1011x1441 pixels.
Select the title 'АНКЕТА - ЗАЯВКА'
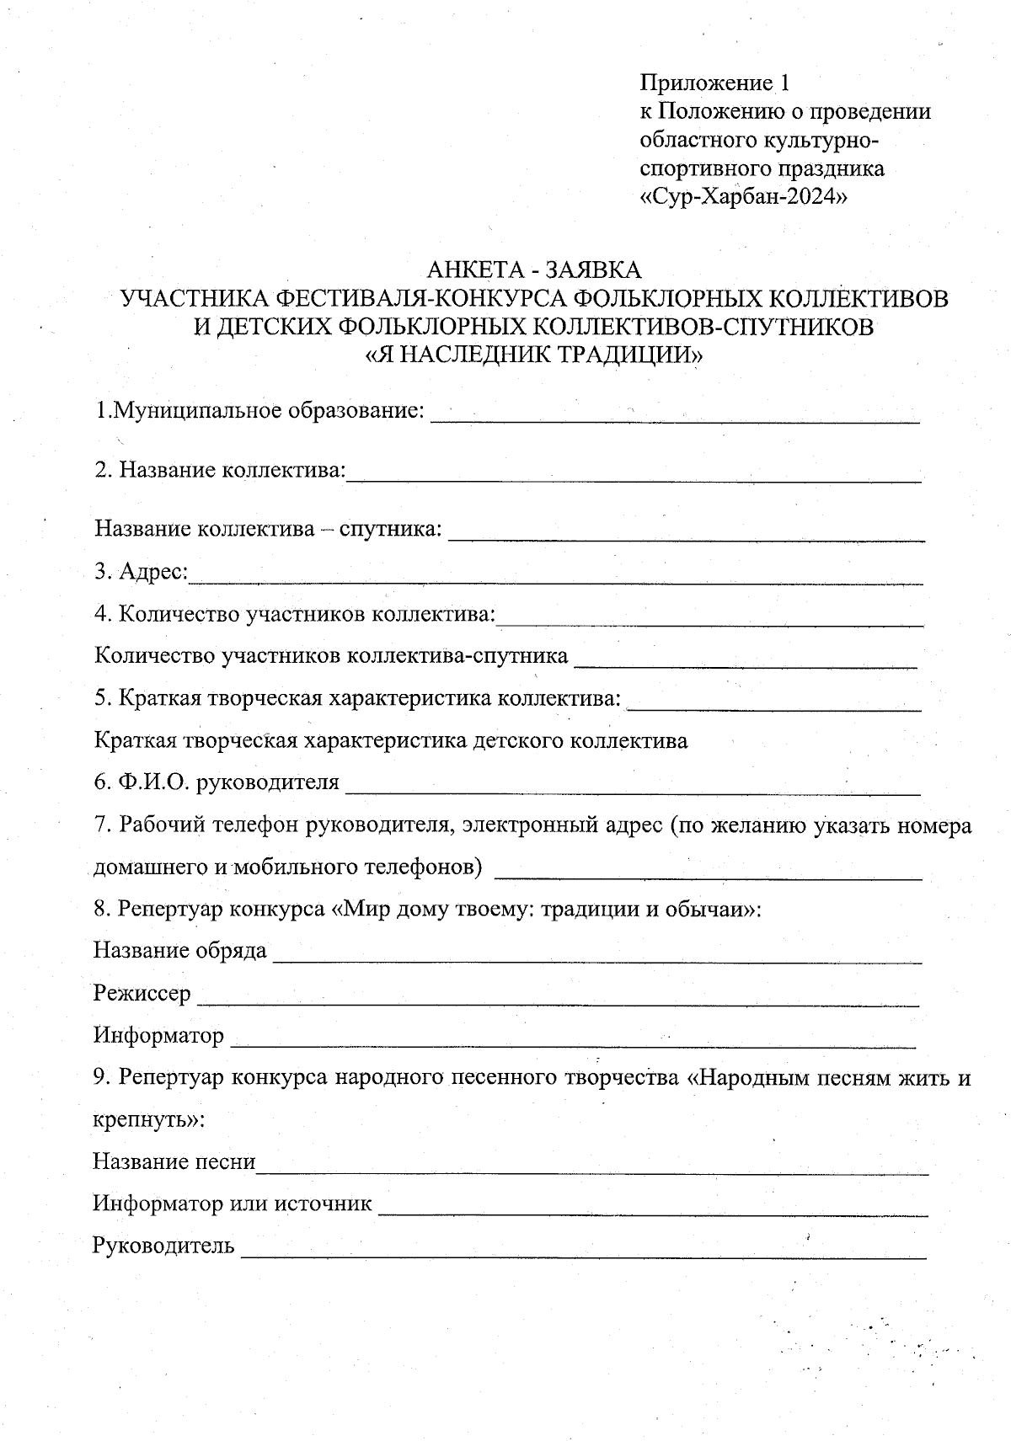click(534, 270)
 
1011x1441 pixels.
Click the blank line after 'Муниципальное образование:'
click(674, 419)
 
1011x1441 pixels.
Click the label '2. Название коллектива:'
click(220, 469)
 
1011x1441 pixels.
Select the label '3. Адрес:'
click(142, 572)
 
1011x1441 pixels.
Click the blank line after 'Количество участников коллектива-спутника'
click(745, 664)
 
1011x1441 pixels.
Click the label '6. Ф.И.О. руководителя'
click(217, 783)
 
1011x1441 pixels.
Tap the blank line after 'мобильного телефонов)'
click(708, 876)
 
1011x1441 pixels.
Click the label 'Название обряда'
click(179, 951)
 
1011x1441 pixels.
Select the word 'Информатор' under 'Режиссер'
click(158, 1035)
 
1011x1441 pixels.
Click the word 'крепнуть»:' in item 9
click(148, 1121)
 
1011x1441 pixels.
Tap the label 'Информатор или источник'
click(232, 1204)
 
